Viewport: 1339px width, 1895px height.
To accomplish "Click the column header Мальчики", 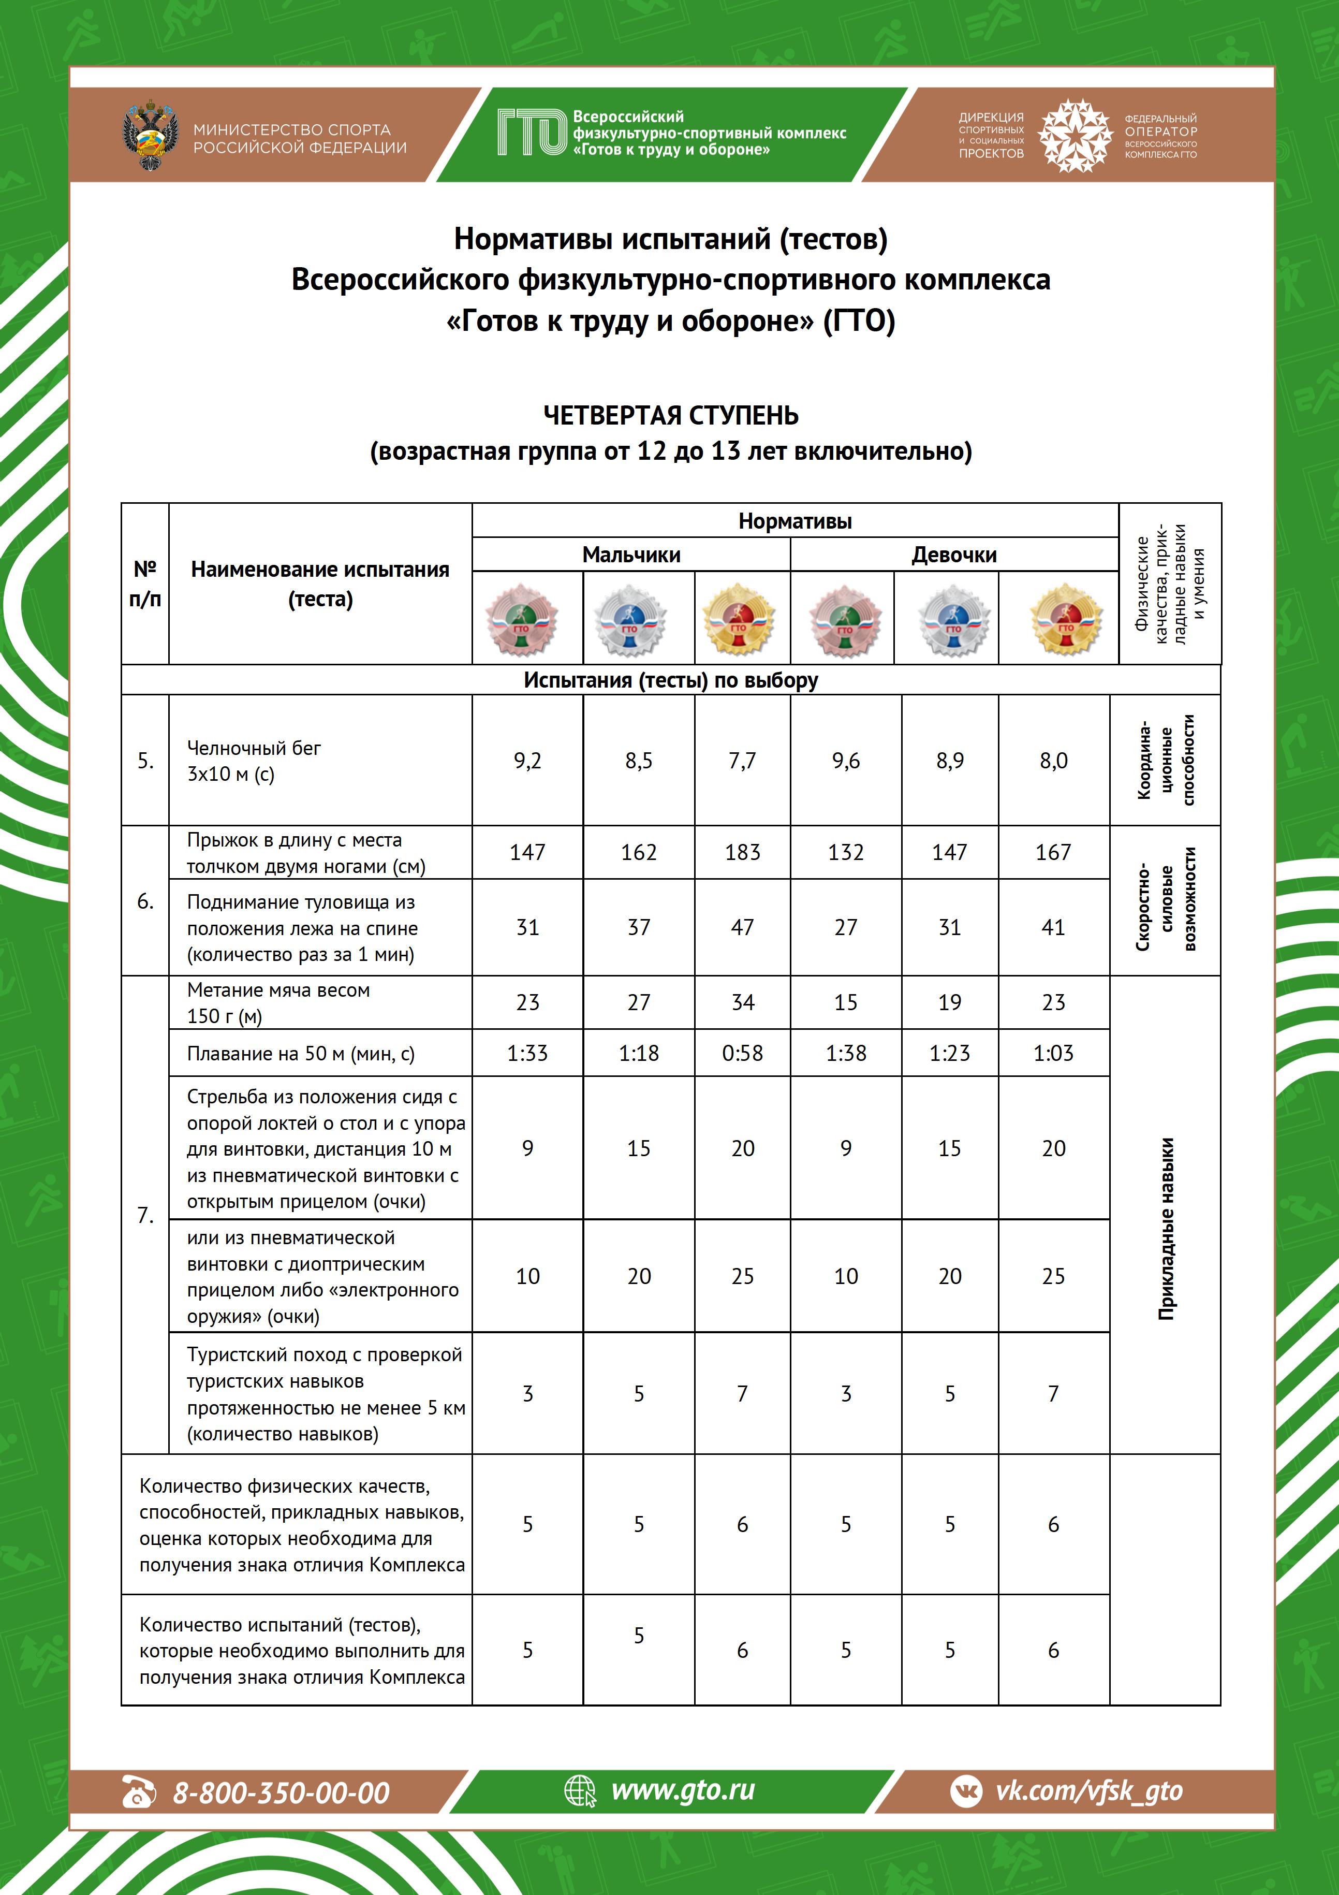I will click(x=631, y=555).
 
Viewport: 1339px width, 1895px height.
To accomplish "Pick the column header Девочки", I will click(x=954, y=555).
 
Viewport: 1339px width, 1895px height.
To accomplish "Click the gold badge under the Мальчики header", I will click(x=739, y=620).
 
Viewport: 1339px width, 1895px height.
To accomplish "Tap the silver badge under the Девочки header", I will click(x=953, y=620).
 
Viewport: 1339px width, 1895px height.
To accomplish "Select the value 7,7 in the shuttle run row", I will click(x=742, y=760).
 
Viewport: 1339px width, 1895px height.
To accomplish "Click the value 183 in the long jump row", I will click(x=742, y=852).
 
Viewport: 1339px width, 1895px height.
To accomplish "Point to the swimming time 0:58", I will click(x=742, y=1053).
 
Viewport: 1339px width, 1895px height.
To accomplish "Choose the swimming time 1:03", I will click(x=1053, y=1053).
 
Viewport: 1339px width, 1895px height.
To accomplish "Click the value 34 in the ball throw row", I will click(x=742, y=1002).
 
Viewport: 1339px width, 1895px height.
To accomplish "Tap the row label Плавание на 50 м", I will click(x=300, y=1053).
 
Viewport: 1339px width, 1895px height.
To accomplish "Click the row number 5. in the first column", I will click(x=145, y=760).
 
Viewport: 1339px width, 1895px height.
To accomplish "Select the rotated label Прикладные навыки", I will click(x=1165, y=1228).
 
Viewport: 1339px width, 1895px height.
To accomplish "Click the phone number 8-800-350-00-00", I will click(x=281, y=1792).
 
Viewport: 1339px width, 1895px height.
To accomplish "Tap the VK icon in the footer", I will click(x=966, y=1791).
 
